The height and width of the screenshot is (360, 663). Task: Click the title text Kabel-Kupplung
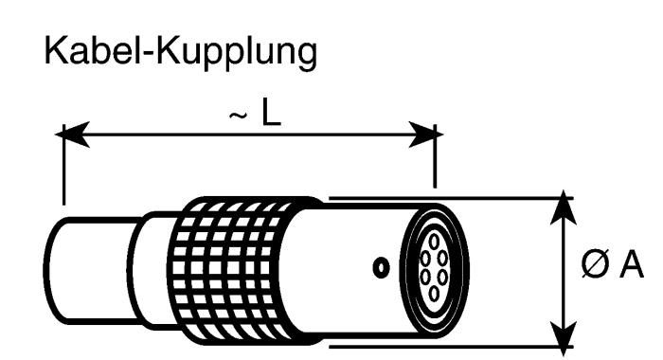(x=181, y=52)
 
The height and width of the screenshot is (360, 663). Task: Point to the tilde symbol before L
(x=238, y=115)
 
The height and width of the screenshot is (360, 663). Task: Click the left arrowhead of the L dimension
(x=72, y=135)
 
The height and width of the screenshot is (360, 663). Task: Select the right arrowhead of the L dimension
(x=426, y=135)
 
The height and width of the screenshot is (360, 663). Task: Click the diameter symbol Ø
(x=596, y=264)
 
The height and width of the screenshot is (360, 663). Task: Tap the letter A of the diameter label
(x=632, y=264)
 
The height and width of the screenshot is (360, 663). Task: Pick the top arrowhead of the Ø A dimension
(x=564, y=207)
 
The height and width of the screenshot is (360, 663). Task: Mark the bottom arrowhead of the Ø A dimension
(x=564, y=337)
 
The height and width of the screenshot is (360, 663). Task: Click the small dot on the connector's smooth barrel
(x=382, y=268)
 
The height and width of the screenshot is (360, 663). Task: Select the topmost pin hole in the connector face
(x=434, y=242)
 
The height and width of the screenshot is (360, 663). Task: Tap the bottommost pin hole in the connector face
(x=434, y=294)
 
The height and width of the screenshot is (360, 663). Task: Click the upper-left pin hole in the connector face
(x=425, y=258)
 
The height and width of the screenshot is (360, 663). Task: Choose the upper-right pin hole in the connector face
(x=442, y=257)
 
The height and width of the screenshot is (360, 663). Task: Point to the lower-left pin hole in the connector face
(x=425, y=278)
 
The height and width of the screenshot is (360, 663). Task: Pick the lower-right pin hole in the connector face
(x=442, y=278)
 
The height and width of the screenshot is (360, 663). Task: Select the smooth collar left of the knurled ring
(x=153, y=271)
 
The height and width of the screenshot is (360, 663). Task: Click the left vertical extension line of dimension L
(x=63, y=165)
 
